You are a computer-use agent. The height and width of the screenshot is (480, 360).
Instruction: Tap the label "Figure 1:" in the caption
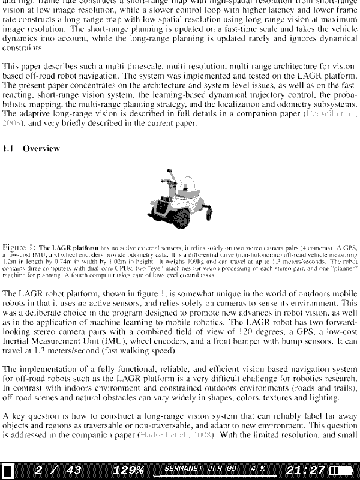[19, 247]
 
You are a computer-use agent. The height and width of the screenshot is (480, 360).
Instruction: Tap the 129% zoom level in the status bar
[128, 470]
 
